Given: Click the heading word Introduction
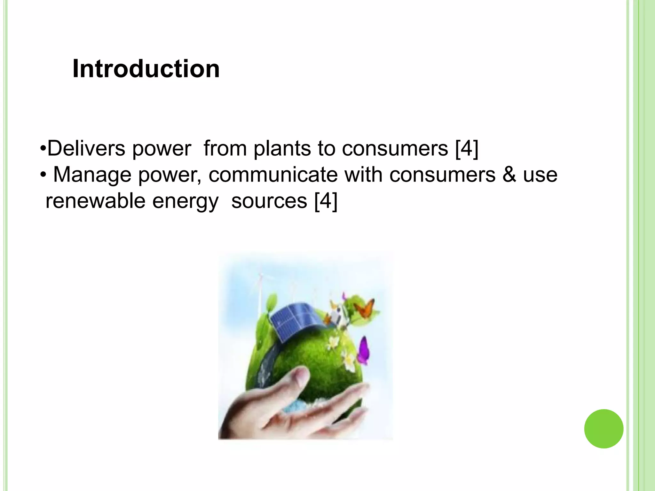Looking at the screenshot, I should click(146, 69).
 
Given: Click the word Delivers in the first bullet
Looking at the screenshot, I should click(86, 148).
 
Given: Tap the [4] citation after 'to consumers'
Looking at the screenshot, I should click(467, 148).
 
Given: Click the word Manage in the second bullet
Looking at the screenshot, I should click(92, 175).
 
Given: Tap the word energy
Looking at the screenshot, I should click(185, 201).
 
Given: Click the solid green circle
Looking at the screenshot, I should click(604, 429).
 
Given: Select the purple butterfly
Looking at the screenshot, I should click(364, 351).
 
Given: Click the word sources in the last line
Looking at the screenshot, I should click(269, 201).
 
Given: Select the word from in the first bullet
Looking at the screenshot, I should click(225, 148).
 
